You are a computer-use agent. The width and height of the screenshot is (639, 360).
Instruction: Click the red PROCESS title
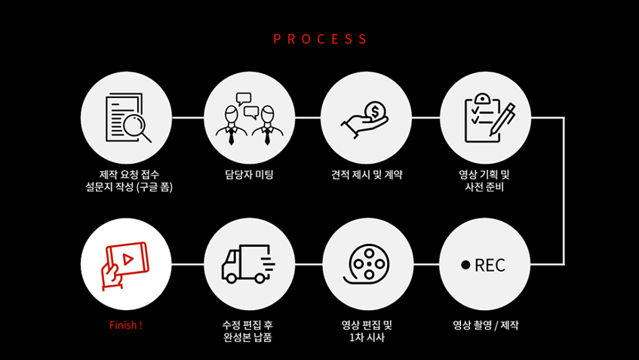320,38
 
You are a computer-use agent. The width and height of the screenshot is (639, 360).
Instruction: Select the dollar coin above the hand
374,111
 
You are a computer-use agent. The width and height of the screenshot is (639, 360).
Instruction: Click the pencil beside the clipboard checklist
502,118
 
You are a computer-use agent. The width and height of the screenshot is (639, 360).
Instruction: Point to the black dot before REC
465,265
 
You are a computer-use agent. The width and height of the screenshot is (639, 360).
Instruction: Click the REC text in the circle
490,266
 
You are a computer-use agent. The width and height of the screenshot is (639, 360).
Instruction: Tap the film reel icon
367,264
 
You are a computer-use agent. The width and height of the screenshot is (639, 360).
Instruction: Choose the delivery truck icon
248,264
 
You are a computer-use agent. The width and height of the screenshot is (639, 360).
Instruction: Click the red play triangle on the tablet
128,259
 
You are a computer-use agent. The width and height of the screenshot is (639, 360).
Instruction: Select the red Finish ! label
125,325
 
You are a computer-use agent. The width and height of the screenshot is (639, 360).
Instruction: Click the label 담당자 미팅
249,174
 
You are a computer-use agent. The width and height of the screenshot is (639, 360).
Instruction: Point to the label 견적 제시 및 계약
367,174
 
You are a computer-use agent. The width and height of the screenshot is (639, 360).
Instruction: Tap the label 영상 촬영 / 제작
485,325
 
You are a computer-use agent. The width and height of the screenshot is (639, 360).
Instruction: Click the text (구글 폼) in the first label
155,186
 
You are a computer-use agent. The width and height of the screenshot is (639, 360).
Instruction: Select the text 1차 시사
367,337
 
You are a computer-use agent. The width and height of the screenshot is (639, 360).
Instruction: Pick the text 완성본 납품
247,337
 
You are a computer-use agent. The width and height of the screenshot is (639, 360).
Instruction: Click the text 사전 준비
484,186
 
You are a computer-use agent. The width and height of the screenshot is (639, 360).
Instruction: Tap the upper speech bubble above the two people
244,99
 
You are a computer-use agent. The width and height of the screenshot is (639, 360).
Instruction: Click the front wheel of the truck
231,278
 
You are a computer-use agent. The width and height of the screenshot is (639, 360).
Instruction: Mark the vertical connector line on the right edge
564,191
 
